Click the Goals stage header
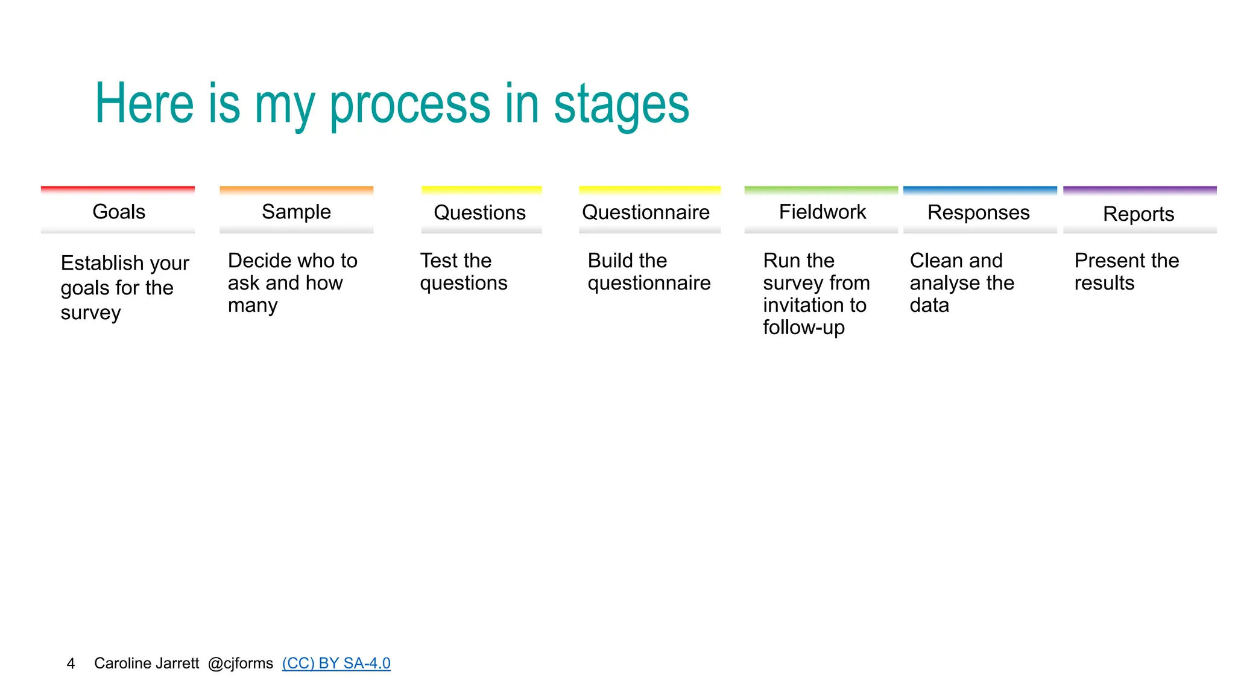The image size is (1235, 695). tap(119, 212)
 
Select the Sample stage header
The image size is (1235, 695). tap(296, 212)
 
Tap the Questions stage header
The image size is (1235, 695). tap(480, 212)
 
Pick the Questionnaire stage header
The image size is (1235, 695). tap(646, 212)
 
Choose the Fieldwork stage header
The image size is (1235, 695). tap(822, 212)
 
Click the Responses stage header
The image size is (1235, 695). tap(978, 212)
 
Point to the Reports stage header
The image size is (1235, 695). tap(1139, 214)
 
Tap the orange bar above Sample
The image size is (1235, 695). tap(296, 190)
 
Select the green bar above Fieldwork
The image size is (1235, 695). tap(821, 190)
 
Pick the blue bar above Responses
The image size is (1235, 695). tap(980, 190)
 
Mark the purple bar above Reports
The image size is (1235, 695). tap(1140, 190)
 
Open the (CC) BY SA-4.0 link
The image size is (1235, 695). tap(336, 663)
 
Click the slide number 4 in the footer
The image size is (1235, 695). tap(71, 664)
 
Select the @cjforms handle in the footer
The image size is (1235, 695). tap(241, 663)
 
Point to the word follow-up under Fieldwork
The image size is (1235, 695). tap(803, 328)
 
